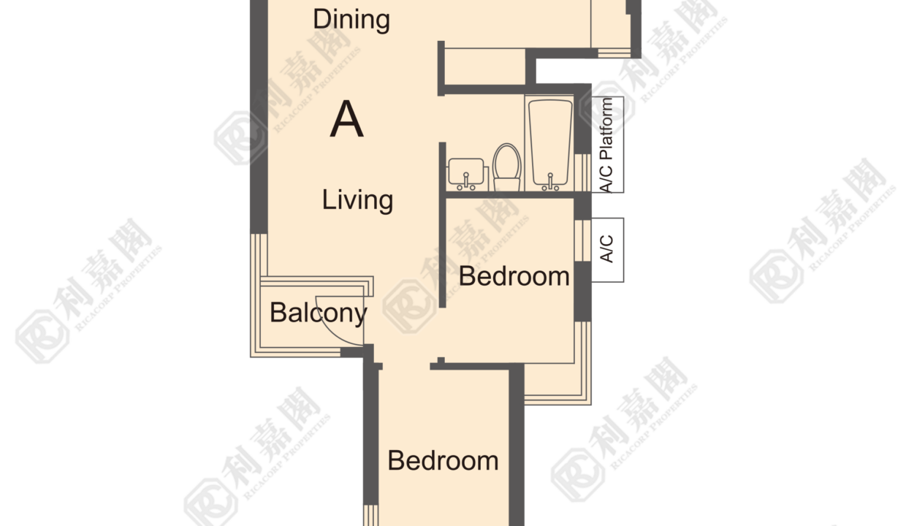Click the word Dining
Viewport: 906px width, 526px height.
coord(351,20)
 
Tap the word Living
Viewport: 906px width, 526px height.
coord(357,199)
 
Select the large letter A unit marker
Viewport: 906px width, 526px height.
coord(346,119)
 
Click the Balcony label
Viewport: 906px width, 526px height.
coord(319,313)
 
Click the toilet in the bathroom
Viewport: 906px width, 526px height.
coord(507,167)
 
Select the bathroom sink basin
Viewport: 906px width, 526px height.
coord(466,171)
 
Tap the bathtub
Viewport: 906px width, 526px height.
coord(550,142)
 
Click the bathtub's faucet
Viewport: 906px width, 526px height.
coord(550,182)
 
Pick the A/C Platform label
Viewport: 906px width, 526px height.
coord(606,145)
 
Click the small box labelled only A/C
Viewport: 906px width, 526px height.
coord(607,250)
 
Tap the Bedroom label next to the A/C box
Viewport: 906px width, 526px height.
coord(514,277)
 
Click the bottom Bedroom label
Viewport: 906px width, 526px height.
coord(443,460)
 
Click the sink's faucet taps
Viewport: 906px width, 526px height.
coord(466,181)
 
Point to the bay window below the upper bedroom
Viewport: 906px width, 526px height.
coord(558,384)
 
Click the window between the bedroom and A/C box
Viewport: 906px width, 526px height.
coord(583,240)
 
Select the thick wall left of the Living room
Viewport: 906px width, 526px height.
coord(259,117)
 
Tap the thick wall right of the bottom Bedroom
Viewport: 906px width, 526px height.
coord(517,445)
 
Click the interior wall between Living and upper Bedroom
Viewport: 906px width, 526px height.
coord(443,225)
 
